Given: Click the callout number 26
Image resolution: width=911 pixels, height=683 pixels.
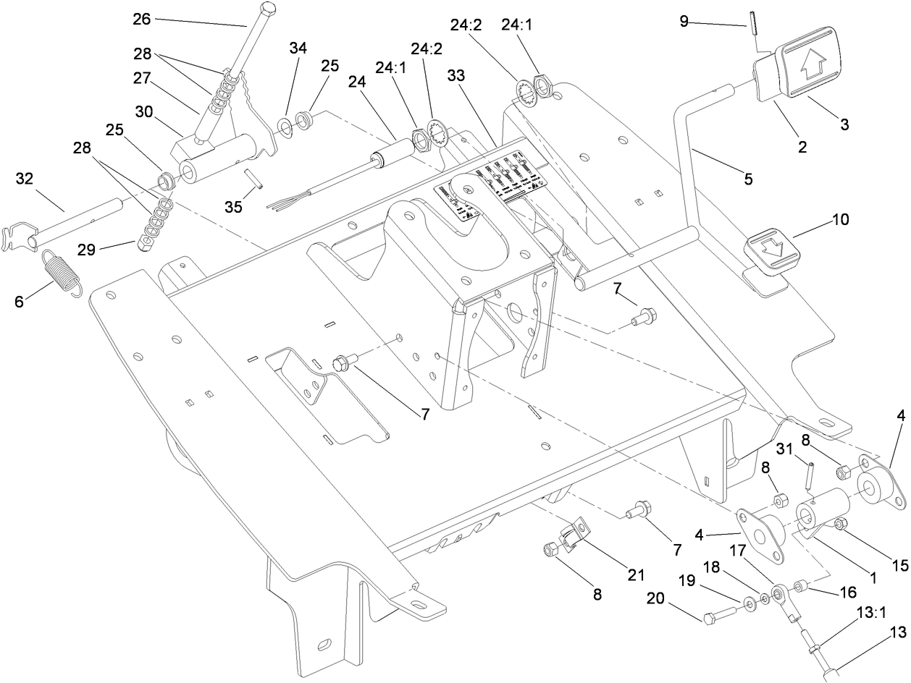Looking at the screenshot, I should coord(142,19).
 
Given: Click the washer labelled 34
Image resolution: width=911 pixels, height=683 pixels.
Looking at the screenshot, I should coord(286,127).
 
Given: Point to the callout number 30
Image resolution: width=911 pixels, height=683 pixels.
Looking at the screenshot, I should coord(145,112).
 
